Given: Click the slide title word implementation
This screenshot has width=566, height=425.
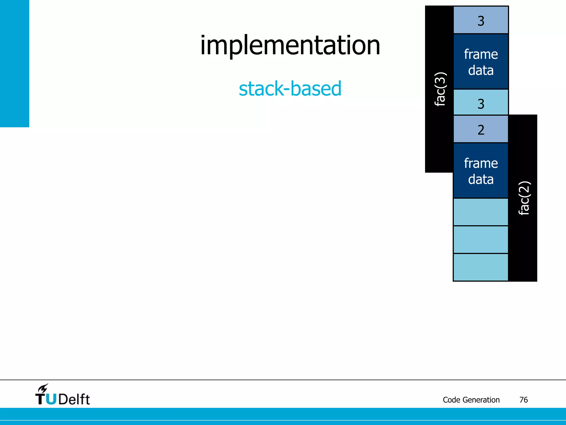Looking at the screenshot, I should tap(290, 46).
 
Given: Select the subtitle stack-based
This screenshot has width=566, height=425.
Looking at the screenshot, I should tap(290, 89).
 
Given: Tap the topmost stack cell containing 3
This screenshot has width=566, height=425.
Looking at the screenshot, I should tap(481, 20).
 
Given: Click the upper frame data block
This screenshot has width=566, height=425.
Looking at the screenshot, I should tap(481, 61).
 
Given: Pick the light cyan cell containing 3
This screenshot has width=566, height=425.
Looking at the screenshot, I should tap(481, 103).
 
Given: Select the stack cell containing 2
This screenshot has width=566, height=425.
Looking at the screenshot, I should tap(481, 129).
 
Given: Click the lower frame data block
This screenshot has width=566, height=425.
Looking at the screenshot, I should tap(481, 170).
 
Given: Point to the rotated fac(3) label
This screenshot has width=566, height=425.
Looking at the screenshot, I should tap(440, 89).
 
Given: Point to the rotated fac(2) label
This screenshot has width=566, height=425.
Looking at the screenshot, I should tap(523, 198).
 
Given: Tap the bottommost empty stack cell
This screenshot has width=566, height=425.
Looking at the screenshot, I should tap(481, 267).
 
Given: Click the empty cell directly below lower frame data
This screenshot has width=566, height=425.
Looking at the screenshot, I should tap(481, 212).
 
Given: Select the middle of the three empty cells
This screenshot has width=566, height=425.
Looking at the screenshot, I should tap(481, 240).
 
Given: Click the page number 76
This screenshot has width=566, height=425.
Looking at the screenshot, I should tap(523, 400).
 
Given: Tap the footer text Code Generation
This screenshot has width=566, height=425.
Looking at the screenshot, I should tap(471, 400).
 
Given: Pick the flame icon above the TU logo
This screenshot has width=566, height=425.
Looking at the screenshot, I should tap(43, 388).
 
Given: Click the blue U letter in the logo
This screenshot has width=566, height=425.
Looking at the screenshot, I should tap(51, 399).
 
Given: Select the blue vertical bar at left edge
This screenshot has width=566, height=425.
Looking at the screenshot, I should tap(14, 64).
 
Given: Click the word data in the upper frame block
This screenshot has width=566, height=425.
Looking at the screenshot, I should tap(481, 70).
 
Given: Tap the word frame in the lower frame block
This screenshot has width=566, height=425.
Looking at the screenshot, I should tap(481, 163).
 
